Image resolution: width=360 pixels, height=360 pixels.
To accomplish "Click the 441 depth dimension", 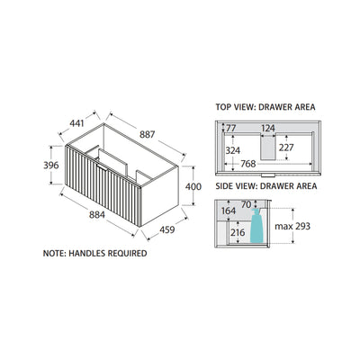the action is [76, 123].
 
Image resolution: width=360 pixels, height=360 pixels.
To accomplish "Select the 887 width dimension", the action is [147, 134].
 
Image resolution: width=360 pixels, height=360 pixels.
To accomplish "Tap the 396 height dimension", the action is [51, 166].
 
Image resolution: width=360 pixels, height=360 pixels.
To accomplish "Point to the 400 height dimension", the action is [193, 186].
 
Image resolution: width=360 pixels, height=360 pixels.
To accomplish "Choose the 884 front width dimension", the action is [97, 215].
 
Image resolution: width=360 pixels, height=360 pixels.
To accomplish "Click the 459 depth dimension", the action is [166, 229].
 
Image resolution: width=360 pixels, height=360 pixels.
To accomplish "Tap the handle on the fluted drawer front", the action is [103, 167].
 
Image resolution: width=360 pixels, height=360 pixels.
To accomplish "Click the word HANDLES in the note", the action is [87, 253].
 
